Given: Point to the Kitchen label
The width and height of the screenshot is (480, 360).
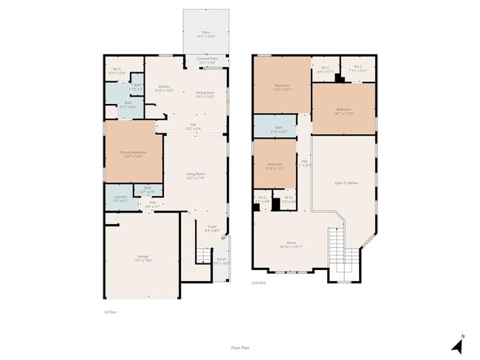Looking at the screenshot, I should (x=164, y=89).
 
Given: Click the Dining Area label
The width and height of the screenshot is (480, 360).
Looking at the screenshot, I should (x=205, y=94).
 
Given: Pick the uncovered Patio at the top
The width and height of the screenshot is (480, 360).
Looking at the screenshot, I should (x=206, y=34).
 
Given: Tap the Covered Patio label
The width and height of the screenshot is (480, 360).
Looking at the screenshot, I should (x=206, y=60).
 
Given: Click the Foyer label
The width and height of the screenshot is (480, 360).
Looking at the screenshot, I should (x=212, y=229).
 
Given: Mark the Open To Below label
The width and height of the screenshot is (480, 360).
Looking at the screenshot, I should (x=346, y=182).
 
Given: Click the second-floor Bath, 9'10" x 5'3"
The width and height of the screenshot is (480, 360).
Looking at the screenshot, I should (x=278, y=129).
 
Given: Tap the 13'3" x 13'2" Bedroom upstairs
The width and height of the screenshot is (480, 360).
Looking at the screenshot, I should (x=282, y=87).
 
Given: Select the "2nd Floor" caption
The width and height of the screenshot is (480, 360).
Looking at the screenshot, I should (x=258, y=283).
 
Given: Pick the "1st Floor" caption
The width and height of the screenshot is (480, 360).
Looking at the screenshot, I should (x=111, y=312).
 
